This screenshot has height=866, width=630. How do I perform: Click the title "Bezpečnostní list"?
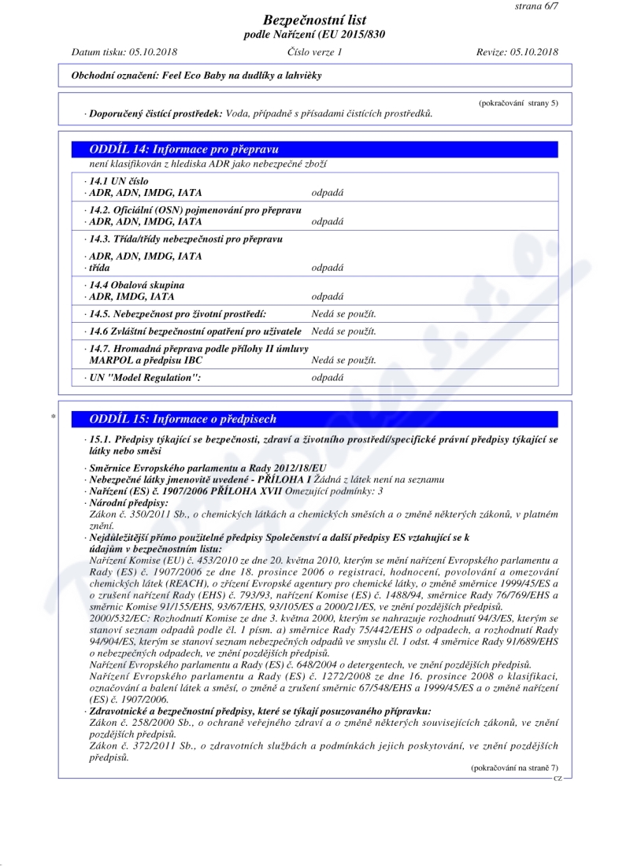point(315,20)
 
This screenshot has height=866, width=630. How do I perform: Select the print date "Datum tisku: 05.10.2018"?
point(124,52)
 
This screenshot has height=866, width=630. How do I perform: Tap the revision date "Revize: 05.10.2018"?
point(517,52)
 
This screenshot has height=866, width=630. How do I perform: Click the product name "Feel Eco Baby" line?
point(191,75)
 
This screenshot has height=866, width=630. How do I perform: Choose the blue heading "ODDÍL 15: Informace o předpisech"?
point(183,419)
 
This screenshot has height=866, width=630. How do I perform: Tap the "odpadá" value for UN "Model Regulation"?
point(328,378)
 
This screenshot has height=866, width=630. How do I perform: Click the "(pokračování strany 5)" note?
point(519,103)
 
